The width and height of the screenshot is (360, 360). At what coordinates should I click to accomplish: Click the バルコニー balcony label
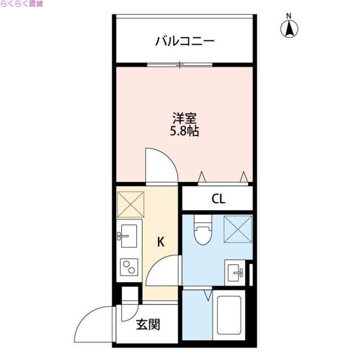click(185, 42)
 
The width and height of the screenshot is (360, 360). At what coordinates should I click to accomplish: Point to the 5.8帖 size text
click(184, 132)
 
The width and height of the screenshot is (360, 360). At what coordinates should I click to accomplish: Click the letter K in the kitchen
click(161, 242)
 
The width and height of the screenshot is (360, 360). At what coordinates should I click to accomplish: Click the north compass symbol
click(290, 27)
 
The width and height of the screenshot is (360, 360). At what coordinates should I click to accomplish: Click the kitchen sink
click(129, 235)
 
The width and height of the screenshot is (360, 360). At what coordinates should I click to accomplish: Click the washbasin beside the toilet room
click(236, 272)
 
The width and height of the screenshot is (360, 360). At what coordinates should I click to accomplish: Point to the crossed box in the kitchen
click(130, 204)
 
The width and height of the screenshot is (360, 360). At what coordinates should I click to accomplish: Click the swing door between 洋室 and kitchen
click(161, 166)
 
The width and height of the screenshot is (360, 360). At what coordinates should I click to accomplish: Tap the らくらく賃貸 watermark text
click(21, 4)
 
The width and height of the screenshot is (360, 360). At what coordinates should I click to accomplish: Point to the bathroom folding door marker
click(208, 295)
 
